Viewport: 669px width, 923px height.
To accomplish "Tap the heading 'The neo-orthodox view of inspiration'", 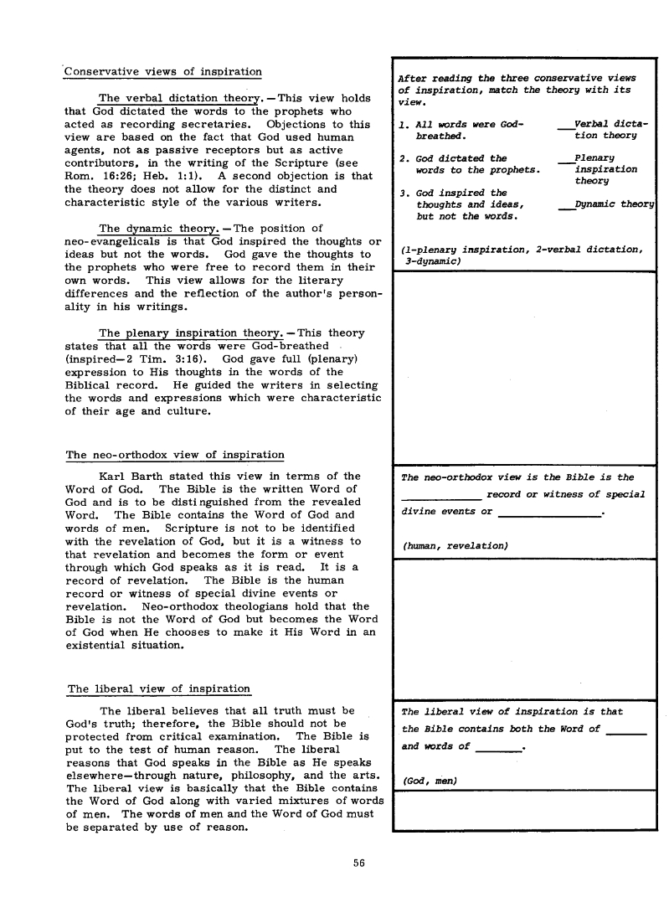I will click(x=174, y=455).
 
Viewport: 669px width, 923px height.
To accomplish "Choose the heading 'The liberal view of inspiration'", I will click(x=158, y=689).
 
